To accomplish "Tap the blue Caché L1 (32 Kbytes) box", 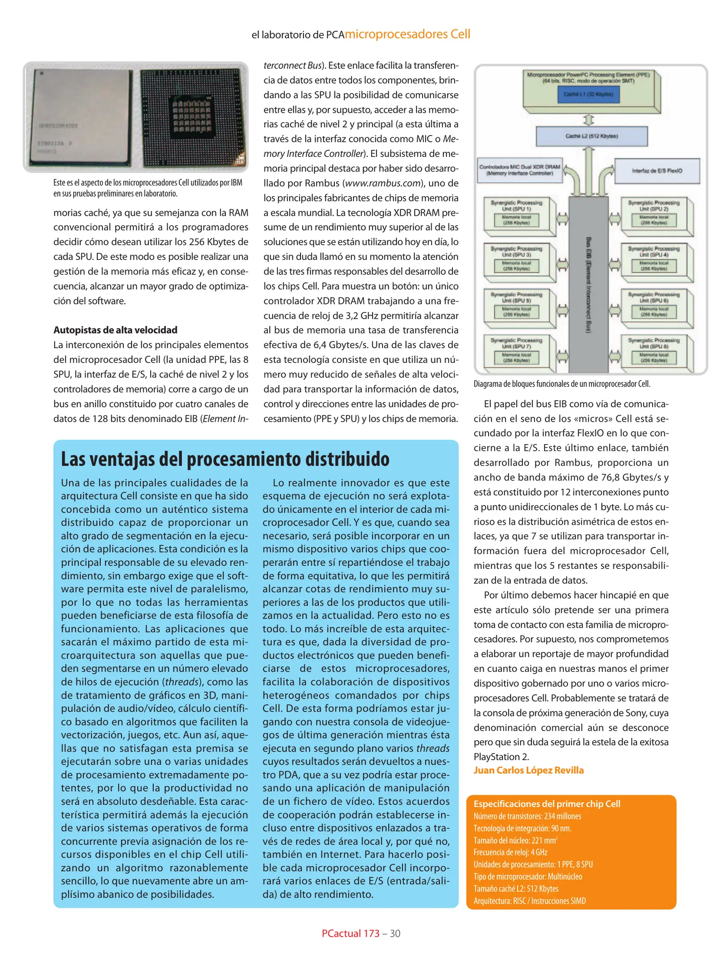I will pyautogui.click(x=588, y=95).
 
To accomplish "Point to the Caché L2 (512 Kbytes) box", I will pyautogui.click(x=592, y=136).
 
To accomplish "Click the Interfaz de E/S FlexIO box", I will pyautogui.click(x=657, y=171).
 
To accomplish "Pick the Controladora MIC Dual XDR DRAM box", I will pyautogui.click(x=520, y=170).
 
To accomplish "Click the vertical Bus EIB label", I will pyautogui.click(x=589, y=285).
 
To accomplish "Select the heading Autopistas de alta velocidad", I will pyautogui.click(x=115, y=330).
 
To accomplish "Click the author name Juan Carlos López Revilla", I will pyautogui.click(x=528, y=770).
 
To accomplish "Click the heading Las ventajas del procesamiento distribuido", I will pyautogui.click(x=225, y=459).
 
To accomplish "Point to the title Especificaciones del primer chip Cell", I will pyautogui.click(x=547, y=803).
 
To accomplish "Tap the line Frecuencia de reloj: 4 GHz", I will pyautogui.click(x=510, y=852).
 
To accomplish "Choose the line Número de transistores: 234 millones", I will pyautogui.click(x=527, y=816).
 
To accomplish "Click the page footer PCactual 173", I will pyautogui.click(x=350, y=933).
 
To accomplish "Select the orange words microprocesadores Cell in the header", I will pyautogui.click(x=407, y=34).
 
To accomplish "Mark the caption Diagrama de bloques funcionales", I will pyautogui.click(x=562, y=384).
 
